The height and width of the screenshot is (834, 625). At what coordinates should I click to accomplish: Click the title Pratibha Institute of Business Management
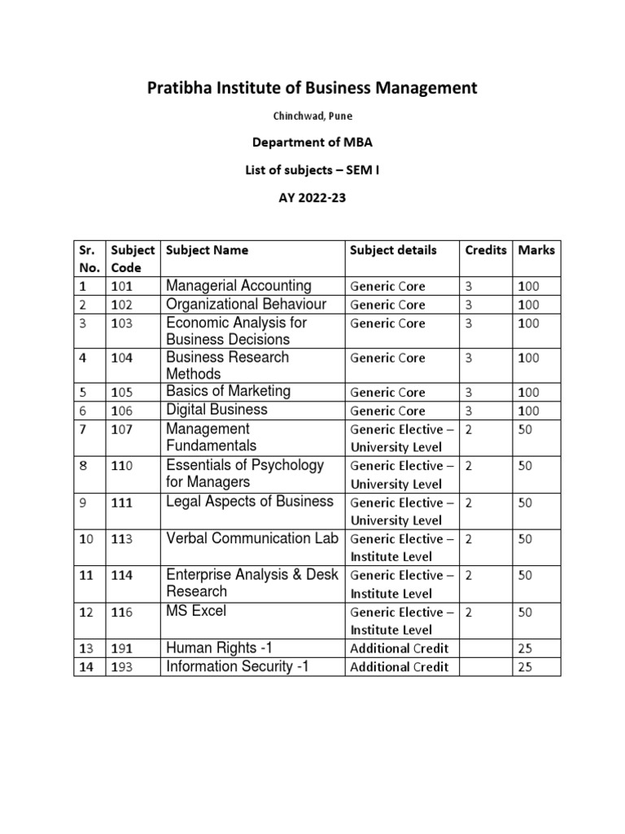pyautogui.click(x=312, y=88)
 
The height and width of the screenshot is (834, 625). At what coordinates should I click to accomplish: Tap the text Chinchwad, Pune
pyautogui.click(x=312, y=116)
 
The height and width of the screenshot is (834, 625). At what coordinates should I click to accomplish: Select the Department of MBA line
pyautogui.click(x=312, y=143)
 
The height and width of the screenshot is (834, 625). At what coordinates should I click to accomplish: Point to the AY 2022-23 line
pyautogui.click(x=312, y=196)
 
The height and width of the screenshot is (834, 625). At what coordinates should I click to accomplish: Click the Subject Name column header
pyautogui.click(x=208, y=250)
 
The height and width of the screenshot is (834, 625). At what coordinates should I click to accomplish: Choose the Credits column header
pyautogui.click(x=486, y=250)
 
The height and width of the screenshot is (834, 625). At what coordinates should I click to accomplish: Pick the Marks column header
pyautogui.click(x=536, y=250)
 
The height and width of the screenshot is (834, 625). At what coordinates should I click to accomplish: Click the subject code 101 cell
pyautogui.click(x=124, y=286)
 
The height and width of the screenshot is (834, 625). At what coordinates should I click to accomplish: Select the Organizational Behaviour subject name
pyautogui.click(x=246, y=304)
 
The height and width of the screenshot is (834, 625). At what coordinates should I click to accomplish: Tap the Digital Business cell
pyautogui.click(x=216, y=410)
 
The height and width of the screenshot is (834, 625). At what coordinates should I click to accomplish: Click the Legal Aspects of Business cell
pyautogui.click(x=249, y=502)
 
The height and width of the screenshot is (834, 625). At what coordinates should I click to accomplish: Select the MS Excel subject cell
pyautogui.click(x=196, y=611)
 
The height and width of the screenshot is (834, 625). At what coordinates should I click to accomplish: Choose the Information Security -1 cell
pyautogui.click(x=238, y=666)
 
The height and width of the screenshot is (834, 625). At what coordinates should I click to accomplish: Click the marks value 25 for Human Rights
pyautogui.click(x=525, y=649)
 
